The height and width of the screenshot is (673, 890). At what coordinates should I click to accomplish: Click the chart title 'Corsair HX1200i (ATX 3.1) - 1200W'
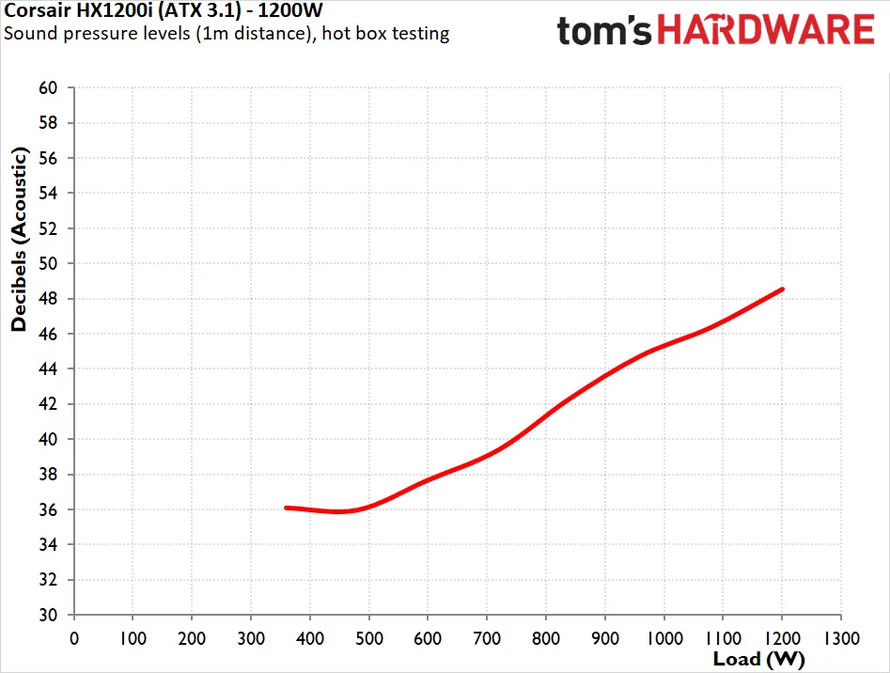tap(164, 9)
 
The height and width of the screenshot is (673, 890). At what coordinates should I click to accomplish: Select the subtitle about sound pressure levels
tap(226, 34)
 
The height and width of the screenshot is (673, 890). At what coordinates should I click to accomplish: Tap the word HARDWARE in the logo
tap(766, 30)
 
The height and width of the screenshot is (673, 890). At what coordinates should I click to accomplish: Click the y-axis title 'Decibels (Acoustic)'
tap(20, 239)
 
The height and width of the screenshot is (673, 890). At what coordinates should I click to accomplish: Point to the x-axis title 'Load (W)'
tap(758, 659)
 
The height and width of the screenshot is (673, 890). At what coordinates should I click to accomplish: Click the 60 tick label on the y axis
tap(48, 88)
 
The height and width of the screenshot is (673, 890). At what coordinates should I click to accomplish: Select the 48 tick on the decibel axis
tap(48, 299)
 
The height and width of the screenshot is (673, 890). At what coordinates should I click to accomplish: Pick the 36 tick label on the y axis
tap(48, 509)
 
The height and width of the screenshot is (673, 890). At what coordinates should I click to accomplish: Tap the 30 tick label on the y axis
tap(48, 615)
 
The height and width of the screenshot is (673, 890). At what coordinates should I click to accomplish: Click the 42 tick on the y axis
tap(48, 404)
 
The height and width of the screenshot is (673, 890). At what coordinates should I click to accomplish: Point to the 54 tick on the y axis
tap(48, 193)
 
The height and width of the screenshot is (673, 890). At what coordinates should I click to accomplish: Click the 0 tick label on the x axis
tap(74, 638)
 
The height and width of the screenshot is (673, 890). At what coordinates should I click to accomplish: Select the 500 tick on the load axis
tap(369, 638)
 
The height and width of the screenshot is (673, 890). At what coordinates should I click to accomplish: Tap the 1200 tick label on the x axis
tap(782, 638)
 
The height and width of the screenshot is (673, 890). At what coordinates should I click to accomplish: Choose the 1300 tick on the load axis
tap(841, 638)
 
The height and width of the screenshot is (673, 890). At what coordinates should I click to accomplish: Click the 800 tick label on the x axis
tap(546, 638)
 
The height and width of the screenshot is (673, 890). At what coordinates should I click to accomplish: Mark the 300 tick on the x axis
tap(251, 638)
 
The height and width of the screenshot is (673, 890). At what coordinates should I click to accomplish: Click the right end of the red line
tap(783, 290)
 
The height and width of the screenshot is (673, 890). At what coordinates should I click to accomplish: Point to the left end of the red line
tap(286, 508)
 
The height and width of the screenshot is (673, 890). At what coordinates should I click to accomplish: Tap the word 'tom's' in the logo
tap(604, 31)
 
